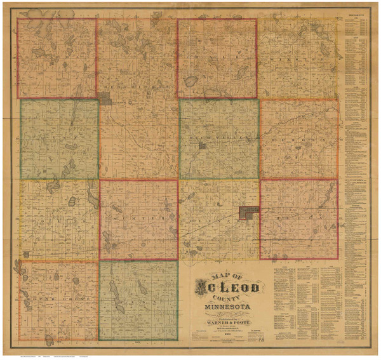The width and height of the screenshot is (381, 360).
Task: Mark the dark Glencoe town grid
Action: pos(248,213)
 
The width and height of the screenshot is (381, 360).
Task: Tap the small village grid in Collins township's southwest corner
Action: pos(26,253)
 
